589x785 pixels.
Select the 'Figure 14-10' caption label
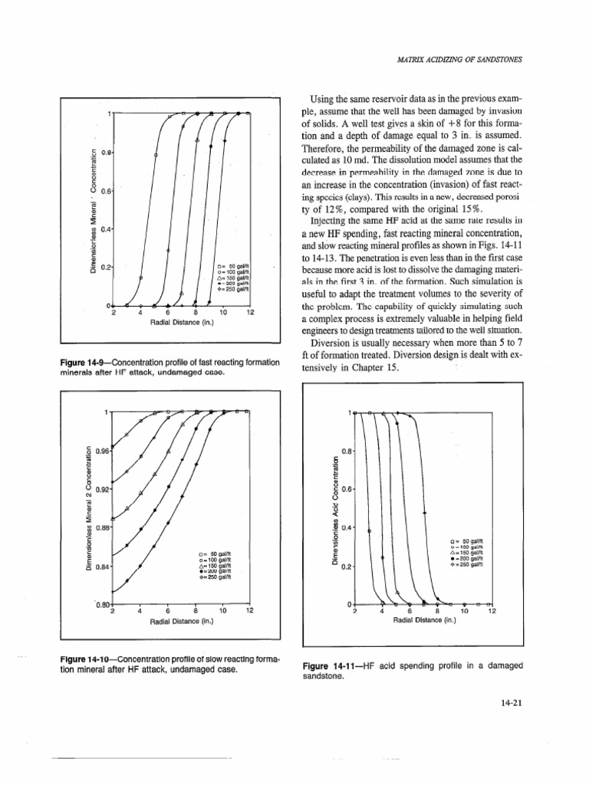coord(81,660)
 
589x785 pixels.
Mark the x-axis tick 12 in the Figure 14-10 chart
coord(250,610)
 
